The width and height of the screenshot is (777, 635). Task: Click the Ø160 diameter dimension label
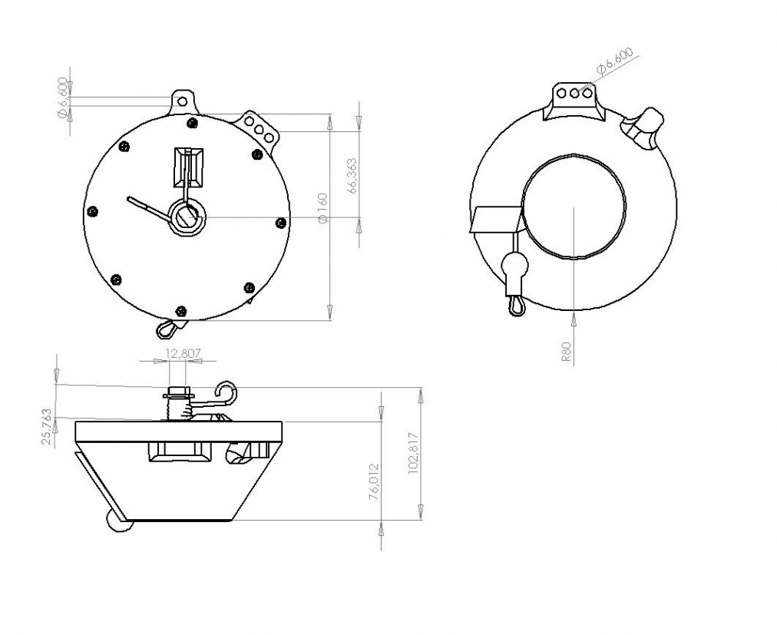point(322,208)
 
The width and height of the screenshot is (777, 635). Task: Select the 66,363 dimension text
point(352,176)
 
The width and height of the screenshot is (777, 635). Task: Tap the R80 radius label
point(567,352)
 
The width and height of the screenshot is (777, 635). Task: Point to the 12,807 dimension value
point(183,353)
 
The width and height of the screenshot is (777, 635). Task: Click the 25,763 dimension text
point(47,426)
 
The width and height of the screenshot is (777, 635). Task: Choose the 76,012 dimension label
point(374,481)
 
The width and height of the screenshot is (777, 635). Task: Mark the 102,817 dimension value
point(414,454)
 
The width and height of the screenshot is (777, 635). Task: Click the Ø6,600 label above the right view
point(615,61)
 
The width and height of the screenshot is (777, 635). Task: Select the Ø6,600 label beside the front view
point(62,98)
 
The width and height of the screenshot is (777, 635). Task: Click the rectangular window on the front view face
point(188,167)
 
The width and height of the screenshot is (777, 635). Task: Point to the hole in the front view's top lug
point(183,101)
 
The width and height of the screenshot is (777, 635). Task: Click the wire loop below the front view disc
point(167,329)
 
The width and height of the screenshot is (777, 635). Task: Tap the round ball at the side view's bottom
point(119,522)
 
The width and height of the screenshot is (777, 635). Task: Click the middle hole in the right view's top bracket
point(575,93)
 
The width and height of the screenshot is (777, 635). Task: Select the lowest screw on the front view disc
point(181,311)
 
